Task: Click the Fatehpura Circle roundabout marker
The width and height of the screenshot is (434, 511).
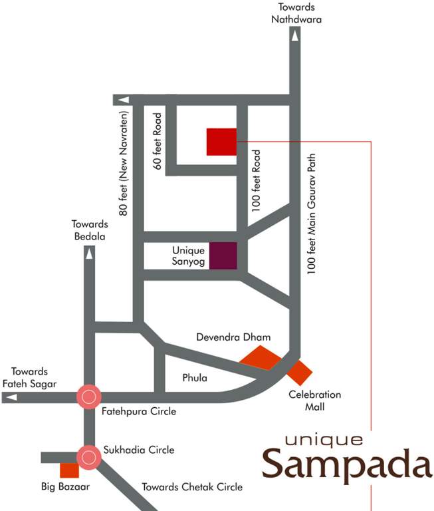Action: point(88,397)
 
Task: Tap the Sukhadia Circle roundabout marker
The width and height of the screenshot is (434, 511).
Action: point(88,456)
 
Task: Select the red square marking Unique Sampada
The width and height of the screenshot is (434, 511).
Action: point(221,142)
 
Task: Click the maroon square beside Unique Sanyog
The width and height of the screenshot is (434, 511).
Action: point(223,256)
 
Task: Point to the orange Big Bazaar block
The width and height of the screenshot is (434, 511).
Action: point(69,470)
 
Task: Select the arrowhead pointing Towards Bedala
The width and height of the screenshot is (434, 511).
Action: point(88,253)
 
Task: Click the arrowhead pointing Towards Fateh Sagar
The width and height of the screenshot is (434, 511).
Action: point(10,397)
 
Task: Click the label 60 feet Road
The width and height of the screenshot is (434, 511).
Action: point(158,141)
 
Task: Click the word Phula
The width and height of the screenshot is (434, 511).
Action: point(195,379)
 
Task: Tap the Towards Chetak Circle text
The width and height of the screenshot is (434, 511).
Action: point(192,486)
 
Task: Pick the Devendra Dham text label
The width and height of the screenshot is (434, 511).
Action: point(233,337)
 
